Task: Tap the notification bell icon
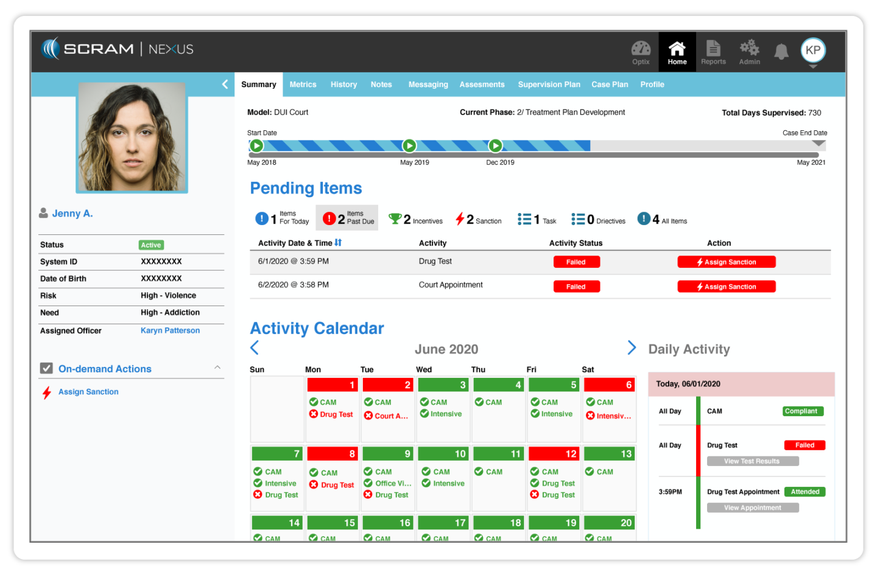tap(781, 52)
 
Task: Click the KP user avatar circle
tap(813, 51)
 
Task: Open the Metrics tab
tap(303, 85)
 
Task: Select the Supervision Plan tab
tap(549, 85)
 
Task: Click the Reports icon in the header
tap(713, 52)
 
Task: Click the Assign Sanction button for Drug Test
tap(727, 262)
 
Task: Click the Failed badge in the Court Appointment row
tap(576, 287)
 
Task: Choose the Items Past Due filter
tap(347, 218)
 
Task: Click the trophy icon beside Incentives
tap(395, 218)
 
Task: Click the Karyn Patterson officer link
tap(170, 330)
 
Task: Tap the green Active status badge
tap(151, 245)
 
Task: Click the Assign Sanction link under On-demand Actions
tap(88, 392)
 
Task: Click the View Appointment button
tap(753, 508)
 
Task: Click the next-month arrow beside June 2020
tap(632, 347)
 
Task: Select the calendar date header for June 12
tap(554, 454)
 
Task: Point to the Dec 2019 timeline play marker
tap(496, 146)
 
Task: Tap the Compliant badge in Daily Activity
tap(803, 411)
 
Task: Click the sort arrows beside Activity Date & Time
tap(338, 243)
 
